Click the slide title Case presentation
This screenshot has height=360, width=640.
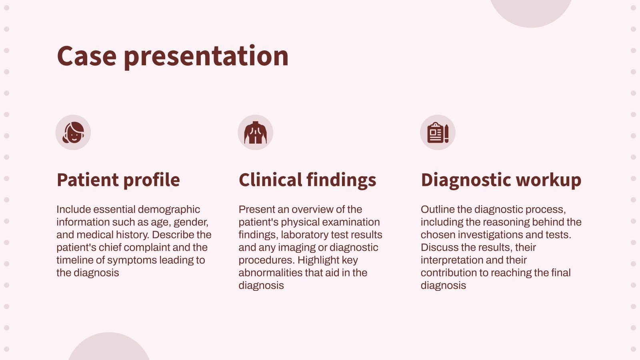(172, 56)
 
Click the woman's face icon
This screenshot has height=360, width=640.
(73, 132)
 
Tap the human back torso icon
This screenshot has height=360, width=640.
(255, 132)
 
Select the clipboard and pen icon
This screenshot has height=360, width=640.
(438, 132)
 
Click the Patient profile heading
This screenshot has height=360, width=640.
(118, 180)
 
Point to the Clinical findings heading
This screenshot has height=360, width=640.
(307, 180)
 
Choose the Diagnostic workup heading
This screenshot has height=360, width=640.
(501, 180)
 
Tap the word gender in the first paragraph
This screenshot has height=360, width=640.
(190, 222)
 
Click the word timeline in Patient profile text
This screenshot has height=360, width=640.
(74, 260)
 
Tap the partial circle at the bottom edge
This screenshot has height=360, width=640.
(109, 348)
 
